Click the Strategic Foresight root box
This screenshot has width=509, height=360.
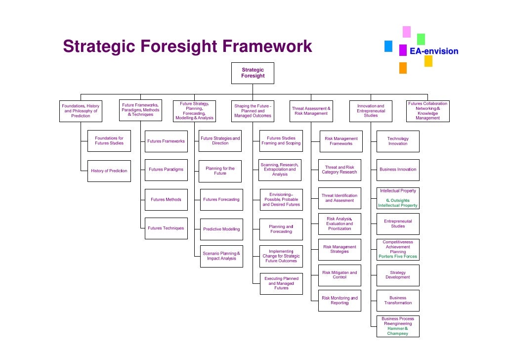tap(253, 73)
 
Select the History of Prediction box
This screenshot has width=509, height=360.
tap(109, 171)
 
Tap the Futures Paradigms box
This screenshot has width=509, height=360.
tap(166, 170)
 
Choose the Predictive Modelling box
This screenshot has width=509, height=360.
tap(221, 229)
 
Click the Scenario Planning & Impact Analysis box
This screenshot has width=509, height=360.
tap(221, 256)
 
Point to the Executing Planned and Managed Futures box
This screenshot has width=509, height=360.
tap(281, 283)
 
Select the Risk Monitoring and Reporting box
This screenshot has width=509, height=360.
tap(339, 301)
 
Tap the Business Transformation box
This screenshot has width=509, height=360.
tap(398, 301)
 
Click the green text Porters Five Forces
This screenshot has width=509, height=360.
tap(398, 257)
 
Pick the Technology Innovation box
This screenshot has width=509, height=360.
tap(398, 141)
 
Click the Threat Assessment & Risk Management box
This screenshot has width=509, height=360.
tap(311, 111)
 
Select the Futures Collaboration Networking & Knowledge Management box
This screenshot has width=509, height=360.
tap(427, 111)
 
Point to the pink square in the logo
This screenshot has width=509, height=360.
tap(407, 32)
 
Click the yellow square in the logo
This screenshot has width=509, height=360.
tap(428, 61)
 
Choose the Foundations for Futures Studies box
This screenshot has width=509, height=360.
tap(109, 141)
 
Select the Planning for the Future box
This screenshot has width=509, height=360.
tap(220, 171)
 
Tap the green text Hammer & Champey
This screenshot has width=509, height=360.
tap(398, 331)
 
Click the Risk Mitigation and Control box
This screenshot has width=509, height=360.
tap(339, 275)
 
